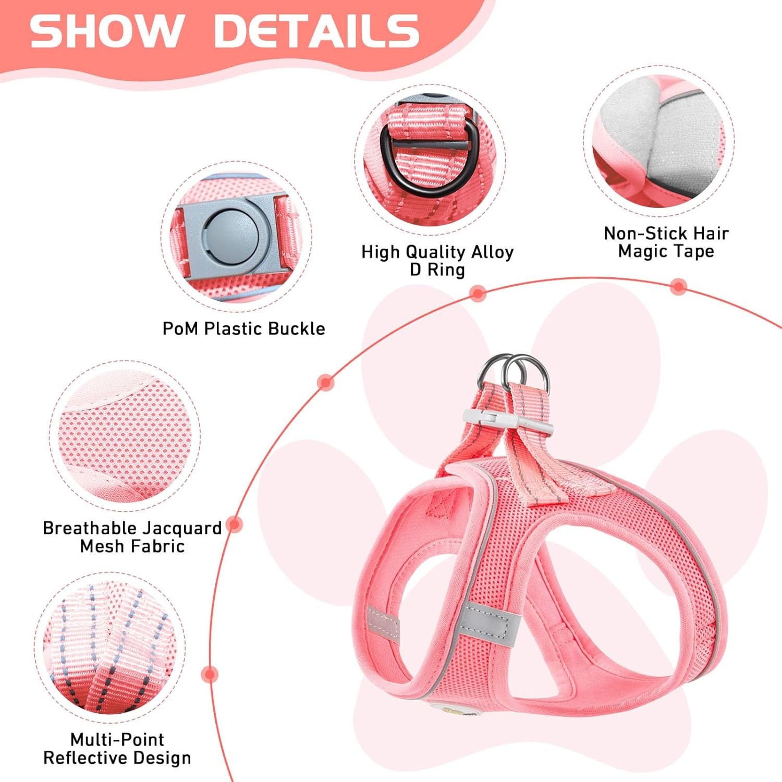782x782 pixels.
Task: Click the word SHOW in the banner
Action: pos(107,31)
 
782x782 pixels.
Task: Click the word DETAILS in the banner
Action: pos(316,31)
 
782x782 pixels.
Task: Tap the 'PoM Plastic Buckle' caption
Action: pos(243,328)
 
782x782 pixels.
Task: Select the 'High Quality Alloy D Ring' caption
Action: pos(437,261)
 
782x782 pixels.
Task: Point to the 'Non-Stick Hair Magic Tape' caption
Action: pos(666,242)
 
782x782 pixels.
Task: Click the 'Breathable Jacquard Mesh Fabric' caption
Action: pos(132,537)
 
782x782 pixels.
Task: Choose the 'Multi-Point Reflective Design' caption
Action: pos(117,748)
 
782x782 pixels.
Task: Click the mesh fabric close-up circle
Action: pos(125,435)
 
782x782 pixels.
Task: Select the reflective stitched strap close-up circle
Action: pos(109,646)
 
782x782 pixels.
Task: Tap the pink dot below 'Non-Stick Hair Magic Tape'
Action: pos(678,286)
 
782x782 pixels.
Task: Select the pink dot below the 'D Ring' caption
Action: pos(477,293)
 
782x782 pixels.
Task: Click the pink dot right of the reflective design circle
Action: pos(210,675)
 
